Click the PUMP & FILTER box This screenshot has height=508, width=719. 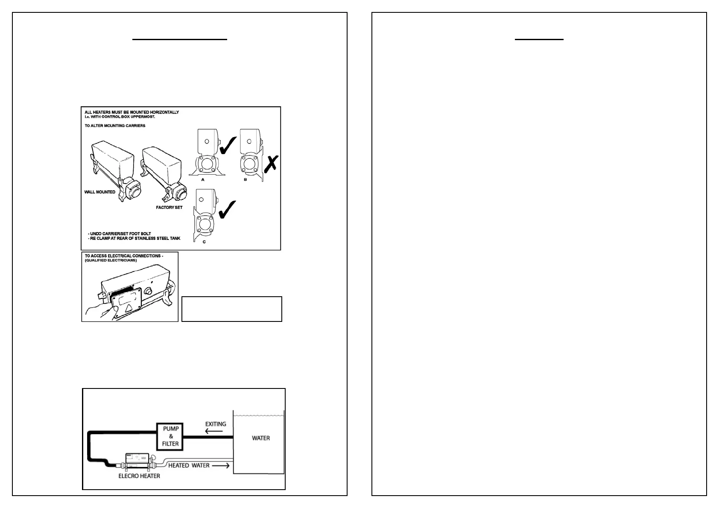pyautogui.click(x=170, y=436)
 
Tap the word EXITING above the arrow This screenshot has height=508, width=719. pyautogui.click(x=216, y=424)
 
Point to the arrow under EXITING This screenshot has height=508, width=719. pyautogui.click(x=214, y=431)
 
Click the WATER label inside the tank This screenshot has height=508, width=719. pyautogui.click(x=261, y=438)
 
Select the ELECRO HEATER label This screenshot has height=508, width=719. pyautogui.click(x=139, y=476)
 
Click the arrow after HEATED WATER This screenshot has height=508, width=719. pyautogui.click(x=221, y=465)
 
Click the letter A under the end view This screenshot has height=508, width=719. pyautogui.click(x=203, y=180)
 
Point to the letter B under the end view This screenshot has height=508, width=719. pyautogui.click(x=245, y=180)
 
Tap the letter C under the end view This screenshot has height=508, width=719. pyautogui.click(x=204, y=242)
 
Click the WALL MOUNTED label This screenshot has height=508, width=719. pyautogui.click(x=100, y=192)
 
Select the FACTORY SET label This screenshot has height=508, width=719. pyautogui.click(x=169, y=207)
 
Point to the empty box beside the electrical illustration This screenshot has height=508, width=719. pyautogui.click(x=231, y=309)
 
